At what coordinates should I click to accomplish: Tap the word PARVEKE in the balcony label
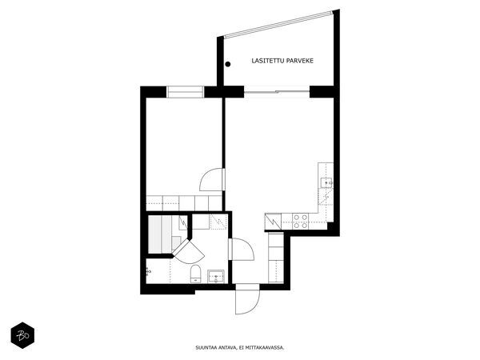(x=299, y=61)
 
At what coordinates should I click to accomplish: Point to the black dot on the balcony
(x=228, y=64)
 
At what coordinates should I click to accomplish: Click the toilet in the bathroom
(x=195, y=274)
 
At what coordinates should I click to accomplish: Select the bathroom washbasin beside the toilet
(x=216, y=277)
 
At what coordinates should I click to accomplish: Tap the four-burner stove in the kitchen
(x=300, y=222)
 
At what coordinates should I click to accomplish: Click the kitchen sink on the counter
(x=326, y=182)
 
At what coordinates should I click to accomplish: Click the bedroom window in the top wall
(x=186, y=92)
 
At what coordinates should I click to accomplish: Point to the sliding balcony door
(x=277, y=91)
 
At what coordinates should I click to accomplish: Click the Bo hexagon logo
(x=22, y=335)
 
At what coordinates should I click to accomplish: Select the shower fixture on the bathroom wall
(x=149, y=271)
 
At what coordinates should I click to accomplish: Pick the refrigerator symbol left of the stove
(x=273, y=222)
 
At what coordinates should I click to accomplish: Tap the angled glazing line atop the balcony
(x=278, y=25)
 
